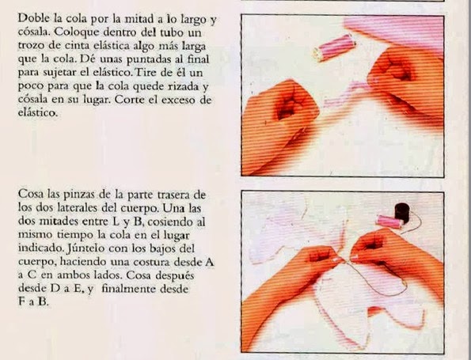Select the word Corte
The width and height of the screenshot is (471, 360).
130,100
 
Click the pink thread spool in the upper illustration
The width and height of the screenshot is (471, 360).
334,47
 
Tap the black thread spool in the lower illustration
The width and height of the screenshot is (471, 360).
402,213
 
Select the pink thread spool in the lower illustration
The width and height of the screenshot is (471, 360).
389,222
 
